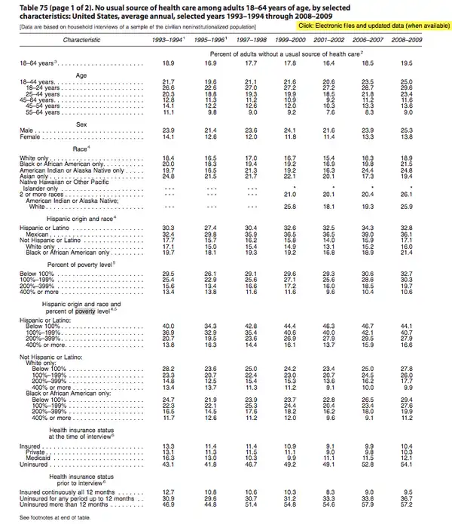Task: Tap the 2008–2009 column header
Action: point(411,38)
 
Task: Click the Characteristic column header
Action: point(81,38)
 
